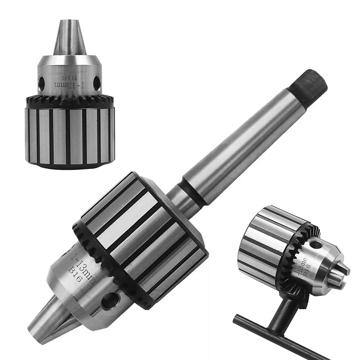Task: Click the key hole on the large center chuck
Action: click(x=111, y=300)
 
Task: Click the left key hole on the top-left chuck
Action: click(x=41, y=83)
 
